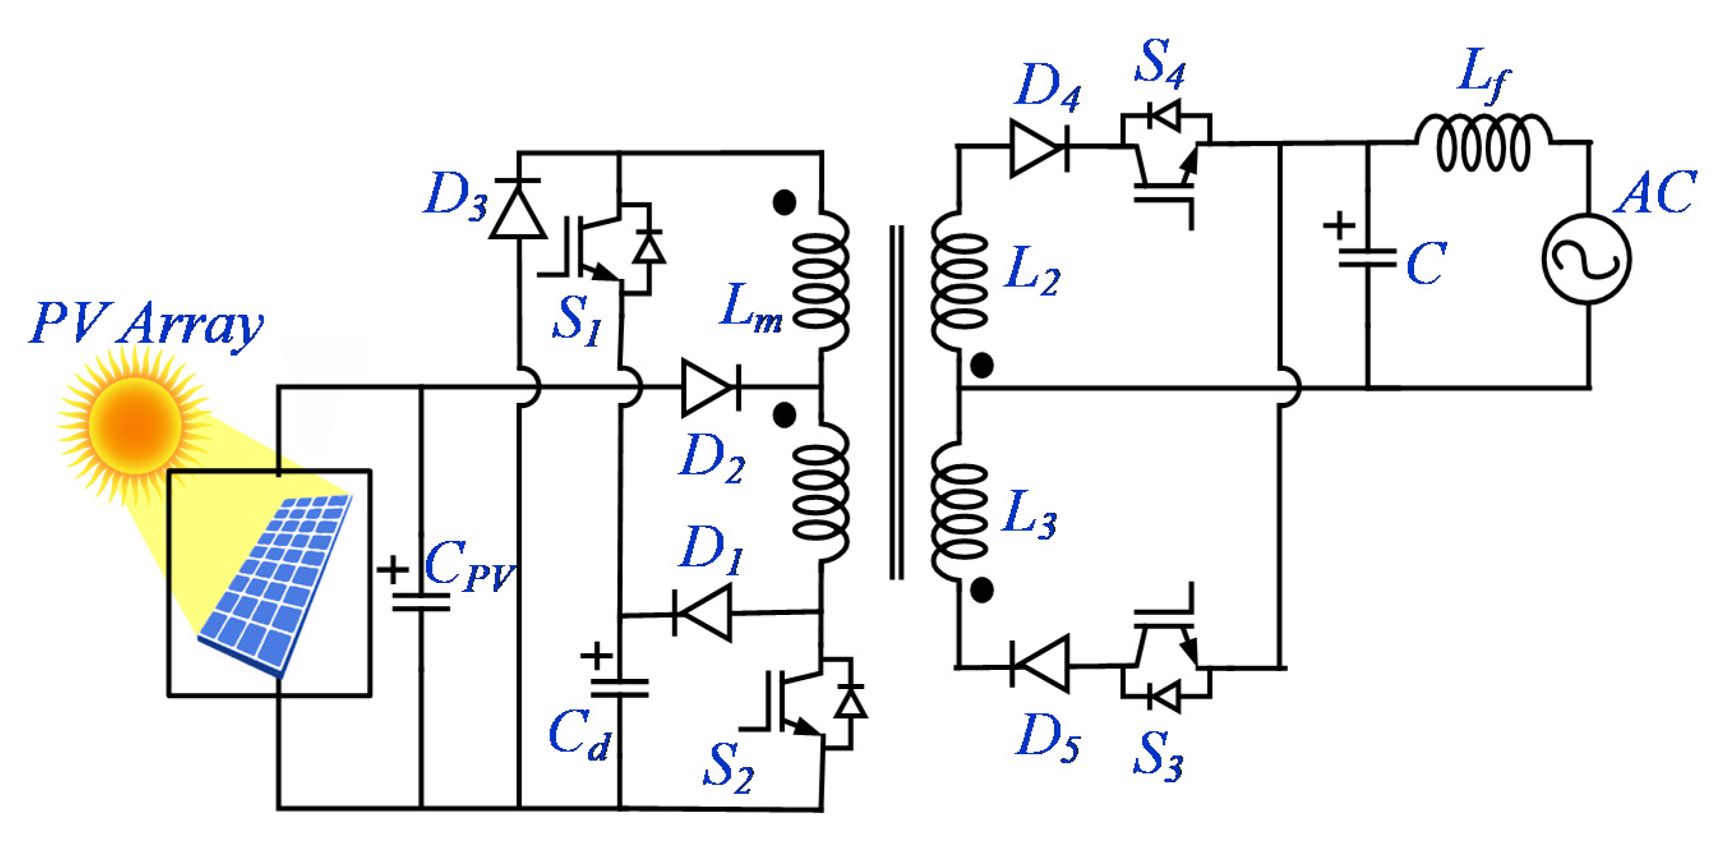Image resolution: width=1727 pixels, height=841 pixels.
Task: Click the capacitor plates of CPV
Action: pyautogui.click(x=421, y=602)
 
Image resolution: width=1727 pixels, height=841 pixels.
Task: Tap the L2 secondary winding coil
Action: pyautogui.click(x=959, y=282)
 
